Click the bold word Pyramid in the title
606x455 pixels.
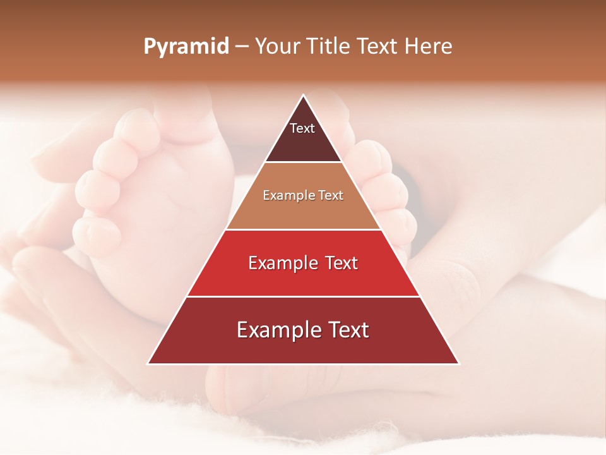coord(186,47)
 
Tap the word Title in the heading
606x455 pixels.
coord(331,47)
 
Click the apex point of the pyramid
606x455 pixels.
coord(304,95)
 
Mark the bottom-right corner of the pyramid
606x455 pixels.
coord(458,363)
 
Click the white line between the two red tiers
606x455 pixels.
coord(303,296)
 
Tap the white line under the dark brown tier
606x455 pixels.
coord(303,162)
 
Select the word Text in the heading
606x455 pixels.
coord(377,47)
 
